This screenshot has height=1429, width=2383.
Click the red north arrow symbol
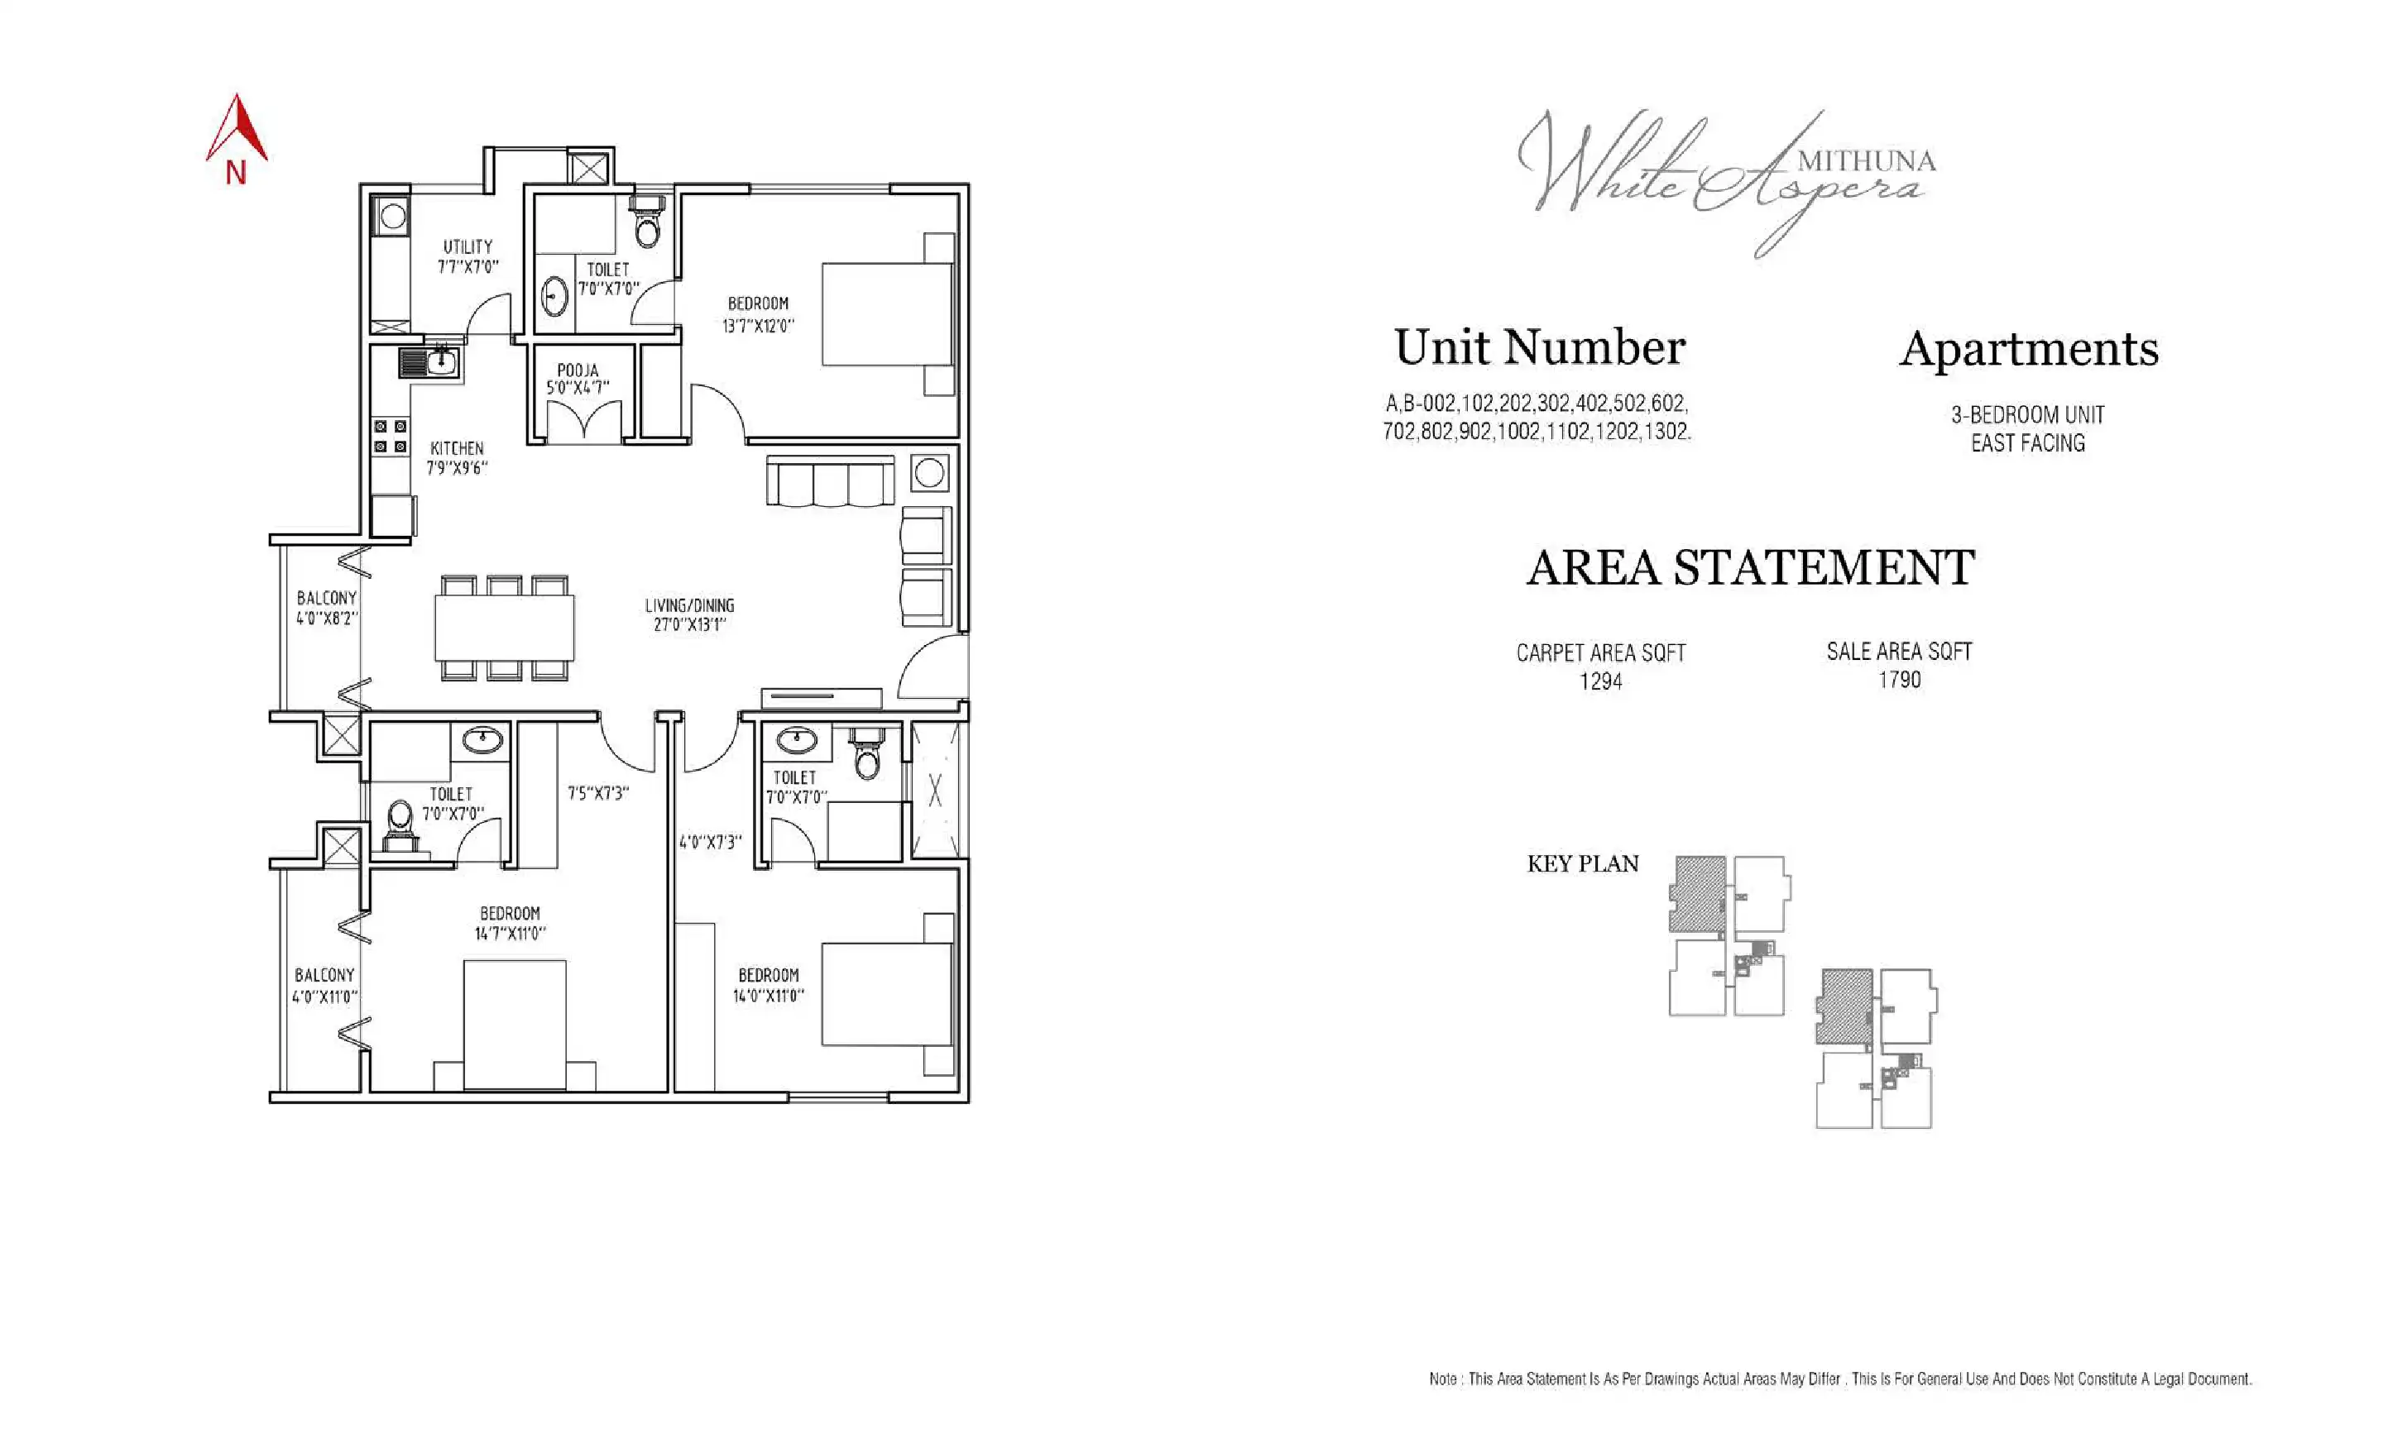(x=236, y=130)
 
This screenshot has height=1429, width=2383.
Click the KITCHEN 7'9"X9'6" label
(x=457, y=458)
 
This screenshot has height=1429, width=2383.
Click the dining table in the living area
(x=504, y=627)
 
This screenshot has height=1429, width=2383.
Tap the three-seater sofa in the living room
(x=829, y=480)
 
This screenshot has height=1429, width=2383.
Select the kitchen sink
(x=429, y=363)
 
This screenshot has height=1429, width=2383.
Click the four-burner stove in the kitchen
(x=390, y=436)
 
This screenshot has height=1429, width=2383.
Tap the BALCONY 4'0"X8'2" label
(x=327, y=608)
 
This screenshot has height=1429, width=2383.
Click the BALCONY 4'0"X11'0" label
(x=324, y=985)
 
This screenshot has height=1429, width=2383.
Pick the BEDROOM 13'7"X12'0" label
(x=758, y=315)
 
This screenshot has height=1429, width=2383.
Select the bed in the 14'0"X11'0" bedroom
(x=886, y=994)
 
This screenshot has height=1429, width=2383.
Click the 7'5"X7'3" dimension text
(x=597, y=793)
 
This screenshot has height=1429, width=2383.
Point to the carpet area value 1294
(x=1601, y=681)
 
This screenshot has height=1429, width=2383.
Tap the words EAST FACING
(x=2027, y=443)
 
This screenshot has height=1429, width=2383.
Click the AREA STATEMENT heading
(x=1750, y=567)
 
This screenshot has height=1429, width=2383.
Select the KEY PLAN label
(x=1583, y=863)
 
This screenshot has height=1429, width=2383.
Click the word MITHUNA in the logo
(x=1866, y=160)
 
